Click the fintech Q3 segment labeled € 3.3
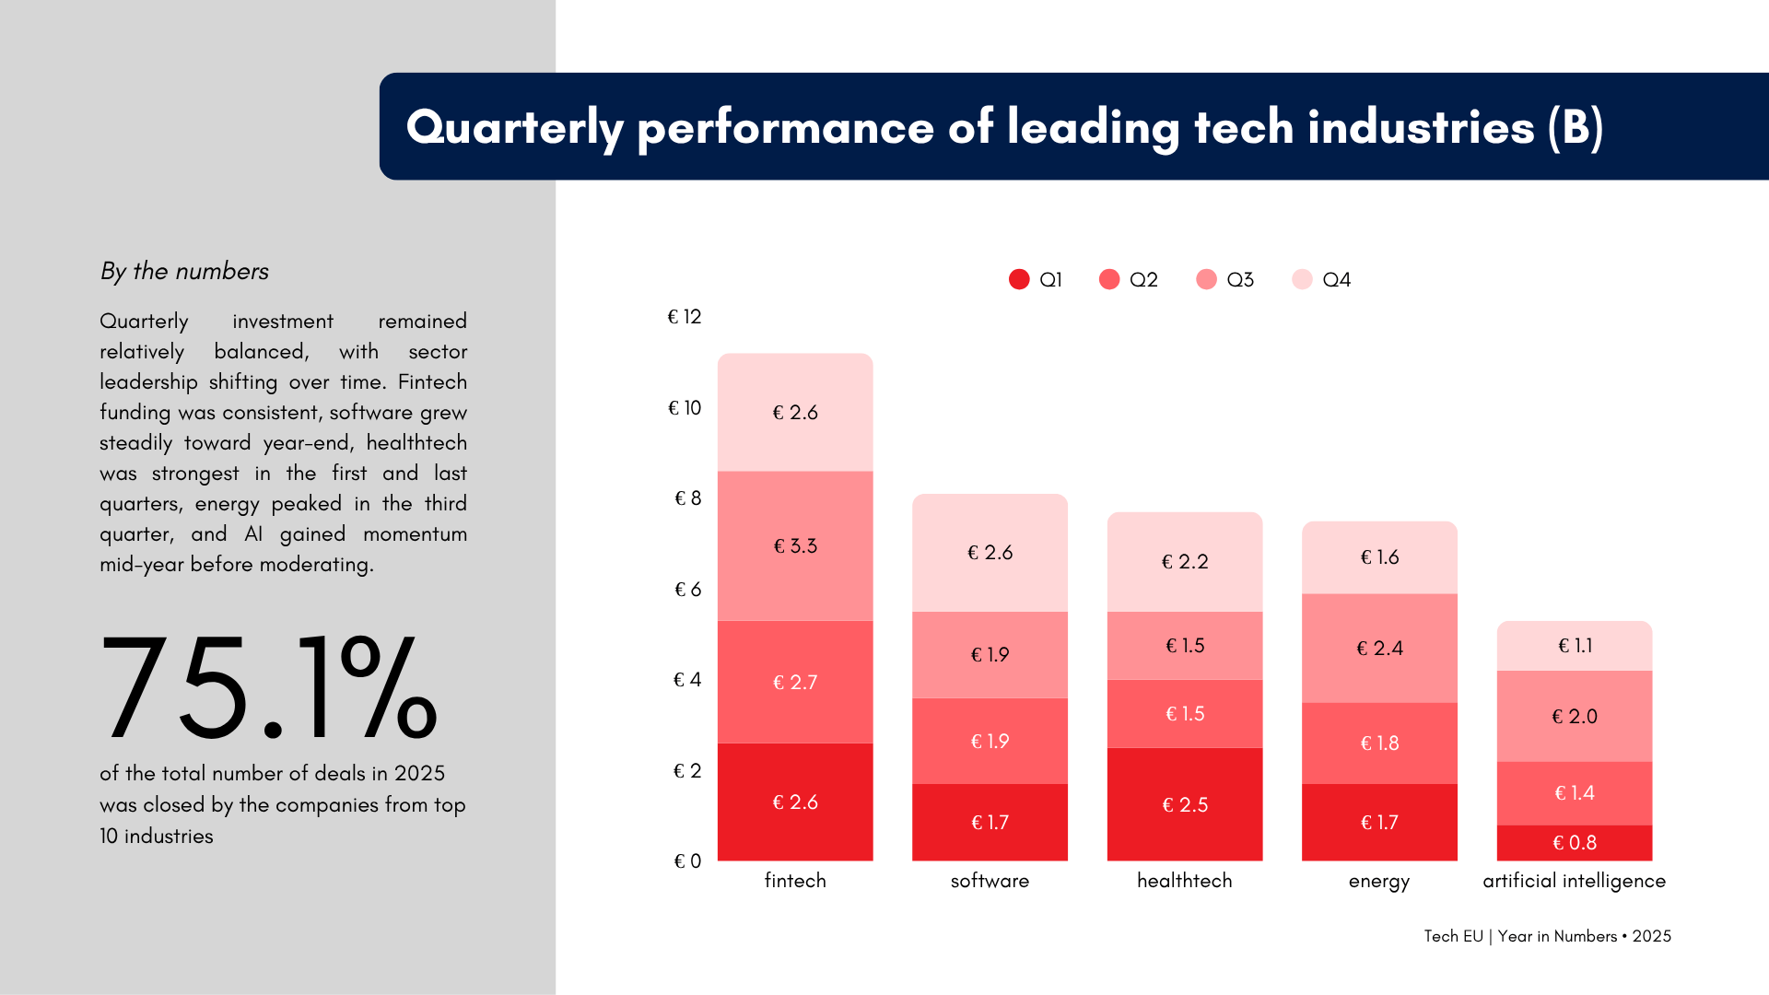[x=795, y=545]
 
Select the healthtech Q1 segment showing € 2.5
[x=1184, y=804]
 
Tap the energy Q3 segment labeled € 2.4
[x=1379, y=648]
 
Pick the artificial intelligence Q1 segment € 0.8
[x=1574, y=842]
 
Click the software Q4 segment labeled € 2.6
[x=990, y=552]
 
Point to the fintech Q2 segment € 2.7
[x=795, y=682]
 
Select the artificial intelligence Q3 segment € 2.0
[x=1574, y=716]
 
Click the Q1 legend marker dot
[x=1019, y=279]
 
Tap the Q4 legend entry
[x=1322, y=279]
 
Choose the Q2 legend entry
[x=1129, y=279]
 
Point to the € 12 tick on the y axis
[x=685, y=317]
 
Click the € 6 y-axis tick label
[x=687, y=589]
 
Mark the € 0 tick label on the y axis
[x=687, y=861]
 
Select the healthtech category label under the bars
[x=1184, y=881]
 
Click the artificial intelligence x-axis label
[x=1574, y=881]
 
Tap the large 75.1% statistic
[x=268, y=687]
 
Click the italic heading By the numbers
[x=184, y=271]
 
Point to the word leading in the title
[x=1093, y=126]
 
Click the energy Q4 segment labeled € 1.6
[x=1379, y=557]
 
